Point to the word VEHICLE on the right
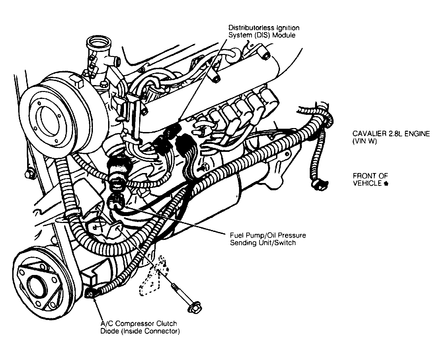pyautogui.click(x=367, y=183)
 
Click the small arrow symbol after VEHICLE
pyautogui.click(x=386, y=184)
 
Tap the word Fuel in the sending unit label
pyautogui.click(x=236, y=236)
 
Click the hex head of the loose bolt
pyautogui.click(x=193, y=308)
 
